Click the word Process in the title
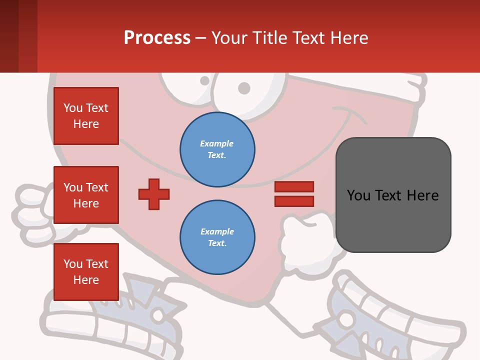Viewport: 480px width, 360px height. click(157, 37)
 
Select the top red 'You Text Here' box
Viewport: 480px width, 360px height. click(86, 116)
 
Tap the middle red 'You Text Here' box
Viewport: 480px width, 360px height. click(86, 195)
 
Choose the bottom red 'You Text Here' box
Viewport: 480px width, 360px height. click(86, 272)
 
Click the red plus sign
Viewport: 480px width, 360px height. click(154, 194)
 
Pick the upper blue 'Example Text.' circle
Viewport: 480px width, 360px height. click(217, 149)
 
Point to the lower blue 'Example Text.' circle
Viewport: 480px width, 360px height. click(217, 237)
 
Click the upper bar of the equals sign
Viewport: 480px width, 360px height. click(294, 187)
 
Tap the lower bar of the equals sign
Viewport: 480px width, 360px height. click(294, 201)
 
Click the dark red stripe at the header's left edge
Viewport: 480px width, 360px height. click(9, 36)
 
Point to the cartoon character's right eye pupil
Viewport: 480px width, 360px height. click(243, 88)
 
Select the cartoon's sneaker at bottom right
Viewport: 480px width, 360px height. click(390, 320)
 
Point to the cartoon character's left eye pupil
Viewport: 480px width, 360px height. click(204, 80)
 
